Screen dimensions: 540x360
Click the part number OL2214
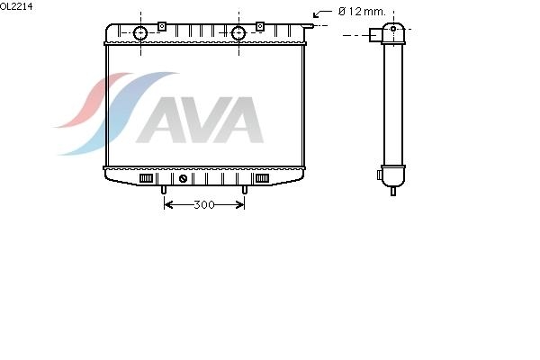pyautogui.click(x=16, y=6)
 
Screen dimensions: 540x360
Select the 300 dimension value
pyautogui.click(x=204, y=205)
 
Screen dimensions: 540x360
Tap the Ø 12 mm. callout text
pyautogui.click(x=362, y=12)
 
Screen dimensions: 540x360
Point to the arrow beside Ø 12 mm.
pyautogui.click(x=322, y=13)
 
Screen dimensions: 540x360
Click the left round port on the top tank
pyautogui.click(x=140, y=33)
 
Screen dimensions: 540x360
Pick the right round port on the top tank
pyautogui.click(x=238, y=33)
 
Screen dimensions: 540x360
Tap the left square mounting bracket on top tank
pyautogui.click(x=162, y=26)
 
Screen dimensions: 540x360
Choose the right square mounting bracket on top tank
pyautogui.click(x=260, y=26)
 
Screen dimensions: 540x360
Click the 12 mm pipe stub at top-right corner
pyautogui.click(x=308, y=25)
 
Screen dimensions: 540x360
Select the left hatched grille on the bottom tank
pyautogui.click(x=146, y=178)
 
